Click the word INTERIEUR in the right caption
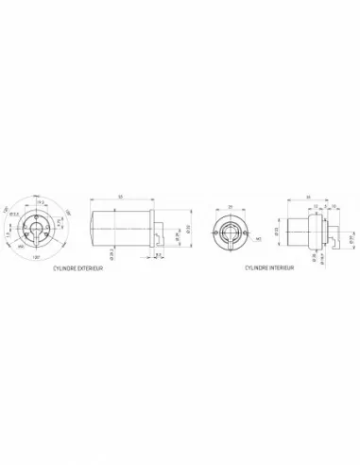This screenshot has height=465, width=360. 282,267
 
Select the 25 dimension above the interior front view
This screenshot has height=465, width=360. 230,207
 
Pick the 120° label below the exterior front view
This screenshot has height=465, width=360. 36,257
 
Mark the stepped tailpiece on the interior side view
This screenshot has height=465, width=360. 331,232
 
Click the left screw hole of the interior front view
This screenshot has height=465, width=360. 218,232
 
